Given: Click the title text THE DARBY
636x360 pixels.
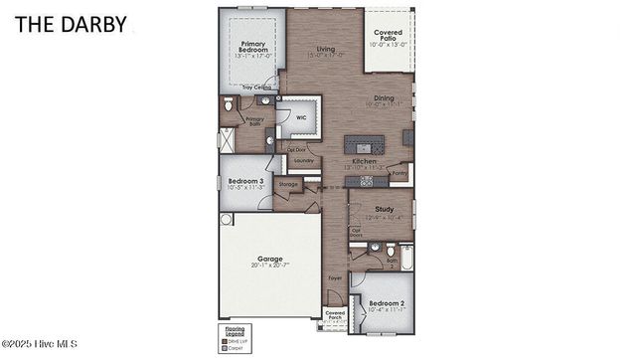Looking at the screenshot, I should (71, 25).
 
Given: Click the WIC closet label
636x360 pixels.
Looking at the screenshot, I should (301, 117).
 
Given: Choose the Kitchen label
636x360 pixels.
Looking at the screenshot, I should (363, 160).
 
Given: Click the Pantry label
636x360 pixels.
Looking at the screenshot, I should (399, 173).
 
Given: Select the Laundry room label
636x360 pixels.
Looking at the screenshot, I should (303, 160).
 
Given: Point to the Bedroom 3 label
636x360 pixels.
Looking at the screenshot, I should (239, 181).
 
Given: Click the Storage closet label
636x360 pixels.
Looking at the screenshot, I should (288, 184).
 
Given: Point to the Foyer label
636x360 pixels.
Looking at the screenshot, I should (335, 277).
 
